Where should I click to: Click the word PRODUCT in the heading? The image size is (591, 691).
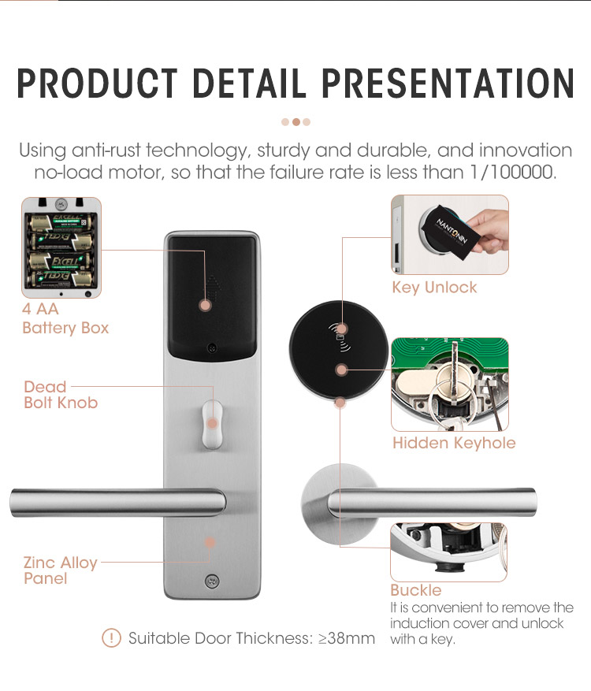tap(97, 83)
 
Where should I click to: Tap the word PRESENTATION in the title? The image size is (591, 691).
tap(448, 83)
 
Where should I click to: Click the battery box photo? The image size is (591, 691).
tap(61, 247)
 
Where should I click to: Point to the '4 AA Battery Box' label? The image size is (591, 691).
tap(65, 318)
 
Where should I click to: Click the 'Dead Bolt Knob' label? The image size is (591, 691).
tap(61, 395)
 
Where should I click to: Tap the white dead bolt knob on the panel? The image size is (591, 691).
tap(212, 424)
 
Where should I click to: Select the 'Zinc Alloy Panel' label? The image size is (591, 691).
tap(60, 570)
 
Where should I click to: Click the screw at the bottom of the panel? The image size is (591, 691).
tap(212, 581)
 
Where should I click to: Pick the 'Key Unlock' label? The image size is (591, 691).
tap(434, 288)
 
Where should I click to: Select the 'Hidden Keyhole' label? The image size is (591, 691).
tap(454, 443)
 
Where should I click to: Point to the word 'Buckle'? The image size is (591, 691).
tap(415, 590)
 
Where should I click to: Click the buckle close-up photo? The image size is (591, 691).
tap(448, 552)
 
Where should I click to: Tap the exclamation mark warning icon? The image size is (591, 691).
tap(111, 637)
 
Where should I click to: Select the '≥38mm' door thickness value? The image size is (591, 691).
tap(347, 638)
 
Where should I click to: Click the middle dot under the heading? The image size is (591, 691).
tap(296, 122)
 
